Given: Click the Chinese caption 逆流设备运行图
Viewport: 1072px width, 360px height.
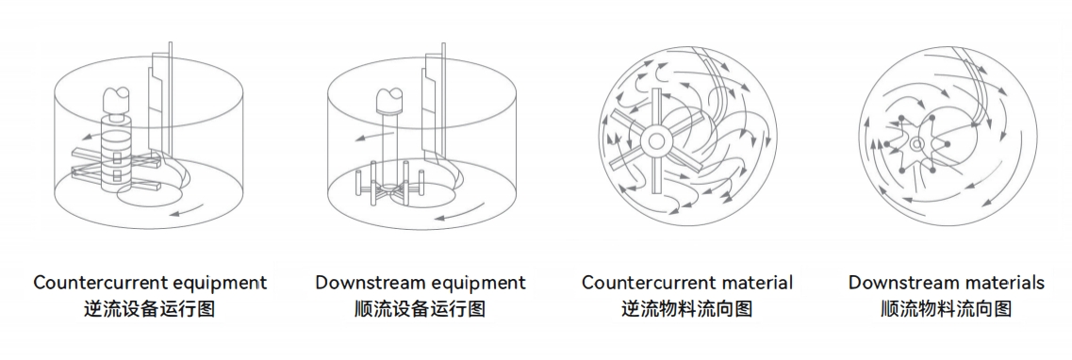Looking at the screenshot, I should (150, 309).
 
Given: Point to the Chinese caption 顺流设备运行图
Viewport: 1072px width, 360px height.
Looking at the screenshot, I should (420, 309).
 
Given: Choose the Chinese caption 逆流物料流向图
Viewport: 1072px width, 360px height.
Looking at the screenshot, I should (686, 309).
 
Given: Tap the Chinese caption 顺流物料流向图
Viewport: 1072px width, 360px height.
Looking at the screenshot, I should (946, 309).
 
